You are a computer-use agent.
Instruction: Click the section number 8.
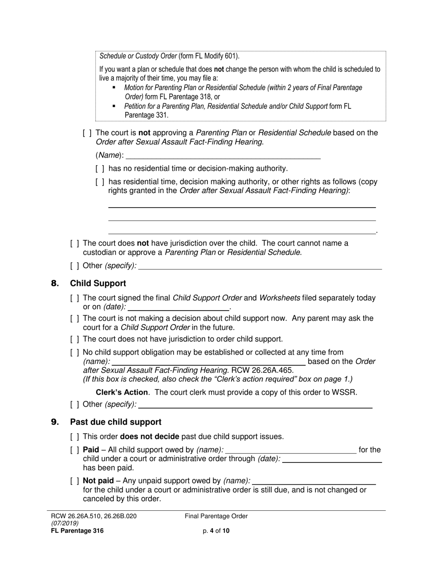click(x=55, y=284)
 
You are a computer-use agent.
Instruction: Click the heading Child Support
click(x=98, y=284)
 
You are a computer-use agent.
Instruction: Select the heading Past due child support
click(x=115, y=422)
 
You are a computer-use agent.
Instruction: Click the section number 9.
click(x=55, y=422)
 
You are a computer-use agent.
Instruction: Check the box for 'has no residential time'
click(x=100, y=169)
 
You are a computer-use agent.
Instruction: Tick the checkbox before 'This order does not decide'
click(x=74, y=437)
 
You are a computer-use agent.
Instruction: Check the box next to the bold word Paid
click(x=74, y=450)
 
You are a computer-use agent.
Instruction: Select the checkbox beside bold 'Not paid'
click(x=74, y=481)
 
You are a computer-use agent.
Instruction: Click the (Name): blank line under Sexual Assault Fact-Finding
click(x=223, y=155)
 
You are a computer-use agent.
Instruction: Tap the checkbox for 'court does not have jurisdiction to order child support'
click(x=74, y=339)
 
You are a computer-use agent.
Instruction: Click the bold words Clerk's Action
click(x=122, y=392)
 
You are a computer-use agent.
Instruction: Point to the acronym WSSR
click(x=347, y=392)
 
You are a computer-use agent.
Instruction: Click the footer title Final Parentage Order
click(x=216, y=516)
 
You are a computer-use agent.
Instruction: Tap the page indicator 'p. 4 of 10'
click(x=216, y=531)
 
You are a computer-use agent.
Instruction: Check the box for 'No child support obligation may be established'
click(x=74, y=353)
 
